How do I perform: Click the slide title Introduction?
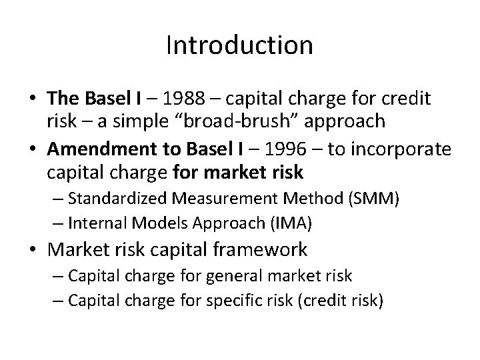239,45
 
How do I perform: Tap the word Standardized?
119,198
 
